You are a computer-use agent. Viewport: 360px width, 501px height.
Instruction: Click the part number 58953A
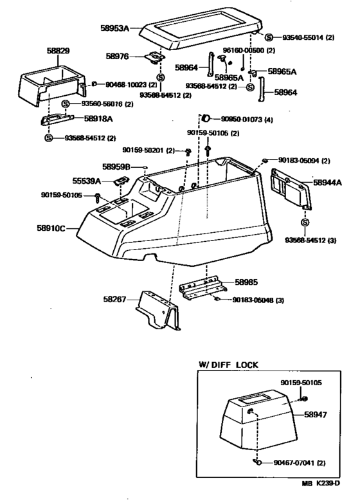point(115,28)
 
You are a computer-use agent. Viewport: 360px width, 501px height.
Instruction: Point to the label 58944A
point(328,183)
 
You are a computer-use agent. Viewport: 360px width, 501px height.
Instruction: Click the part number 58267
point(115,299)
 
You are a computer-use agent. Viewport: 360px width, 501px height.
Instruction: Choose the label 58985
point(247,281)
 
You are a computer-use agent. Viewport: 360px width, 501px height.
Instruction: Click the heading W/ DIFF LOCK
point(228,365)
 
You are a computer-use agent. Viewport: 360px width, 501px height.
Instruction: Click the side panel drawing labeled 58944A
point(290,187)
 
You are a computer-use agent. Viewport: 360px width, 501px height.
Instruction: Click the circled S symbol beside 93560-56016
point(66,104)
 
